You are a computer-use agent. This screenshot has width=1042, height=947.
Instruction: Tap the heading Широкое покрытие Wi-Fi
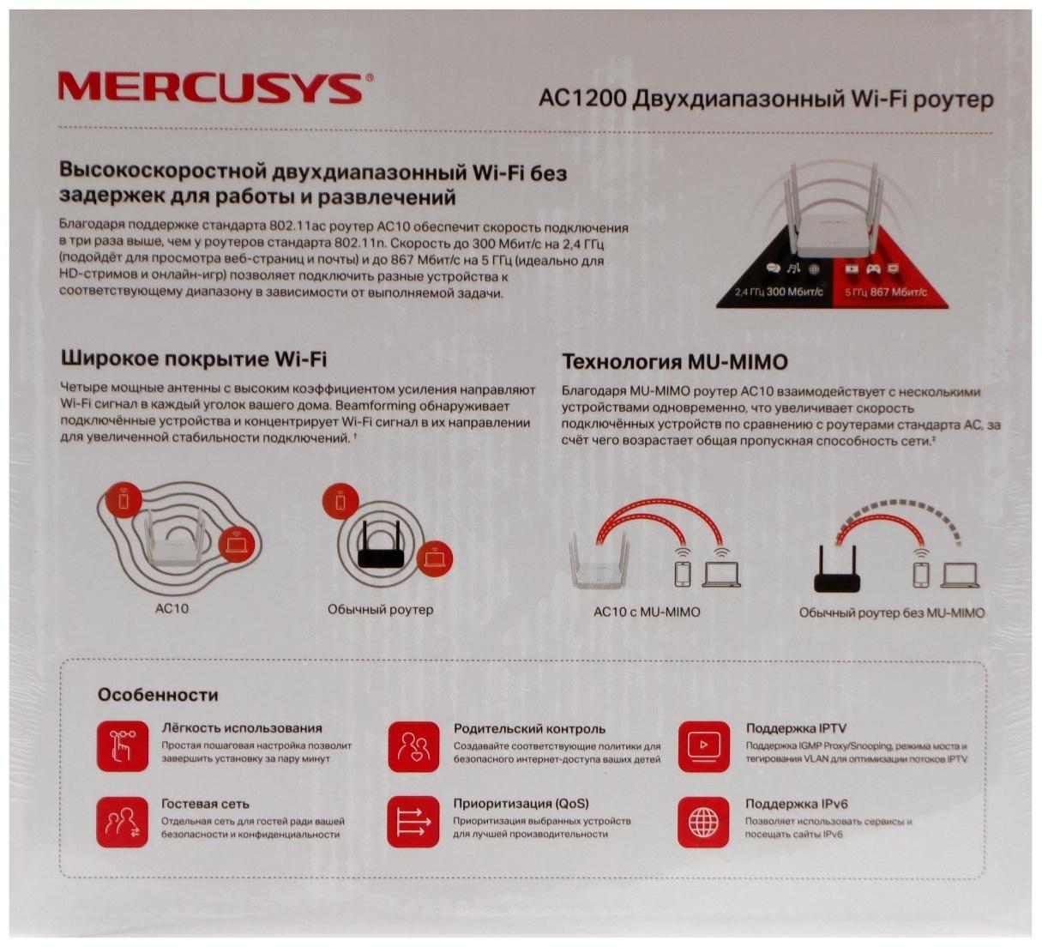coord(193,359)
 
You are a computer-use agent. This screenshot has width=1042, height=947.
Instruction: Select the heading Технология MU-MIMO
coord(674,361)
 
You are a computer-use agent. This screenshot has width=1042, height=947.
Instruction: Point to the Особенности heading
coord(158,695)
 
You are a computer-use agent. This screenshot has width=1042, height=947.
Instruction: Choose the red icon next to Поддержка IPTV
coord(704,744)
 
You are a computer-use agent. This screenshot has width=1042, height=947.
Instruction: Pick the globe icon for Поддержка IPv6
coord(704,819)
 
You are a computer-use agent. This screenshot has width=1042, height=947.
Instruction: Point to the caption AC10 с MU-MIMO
coord(646,612)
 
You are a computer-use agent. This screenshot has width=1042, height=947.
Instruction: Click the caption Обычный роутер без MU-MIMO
coord(892,612)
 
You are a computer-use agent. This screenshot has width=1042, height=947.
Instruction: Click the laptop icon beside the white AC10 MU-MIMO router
coord(722,575)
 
